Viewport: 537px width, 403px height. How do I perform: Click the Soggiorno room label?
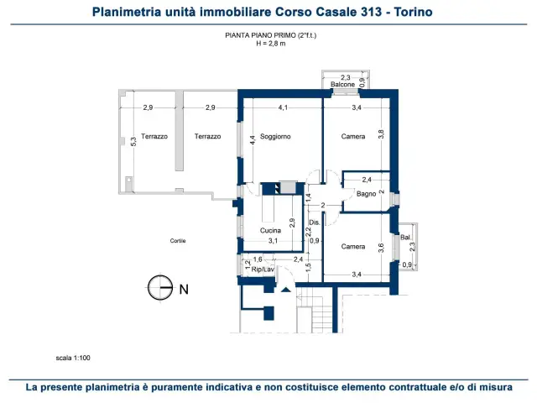coord(275,136)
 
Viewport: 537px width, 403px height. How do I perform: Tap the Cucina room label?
coord(270,230)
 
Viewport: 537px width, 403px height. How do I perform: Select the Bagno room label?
coord(366,194)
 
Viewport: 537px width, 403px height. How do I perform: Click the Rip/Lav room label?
coord(263,270)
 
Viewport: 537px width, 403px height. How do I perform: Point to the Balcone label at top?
coord(342,84)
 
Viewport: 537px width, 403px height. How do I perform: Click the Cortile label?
coord(178,241)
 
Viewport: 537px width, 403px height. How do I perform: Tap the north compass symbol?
coord(160,287)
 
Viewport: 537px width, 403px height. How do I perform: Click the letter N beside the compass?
coord(184,290)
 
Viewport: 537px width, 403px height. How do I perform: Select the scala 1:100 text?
coord(73,358)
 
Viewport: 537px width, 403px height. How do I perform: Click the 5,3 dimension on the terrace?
coord(133,142)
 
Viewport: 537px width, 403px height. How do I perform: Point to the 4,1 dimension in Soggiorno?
coord(283,107)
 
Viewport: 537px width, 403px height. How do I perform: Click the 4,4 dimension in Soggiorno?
coord(253,140)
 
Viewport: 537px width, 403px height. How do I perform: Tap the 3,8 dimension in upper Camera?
coord(381,134)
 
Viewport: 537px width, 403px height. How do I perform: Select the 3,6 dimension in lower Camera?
coord(381,248)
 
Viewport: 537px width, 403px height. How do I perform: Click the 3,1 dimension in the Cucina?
coord(273,241)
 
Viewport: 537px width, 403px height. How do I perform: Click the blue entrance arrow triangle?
coord(286,290)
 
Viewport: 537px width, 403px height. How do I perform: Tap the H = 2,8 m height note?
coord(270,44)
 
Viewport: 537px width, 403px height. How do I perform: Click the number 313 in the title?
coord(371,12)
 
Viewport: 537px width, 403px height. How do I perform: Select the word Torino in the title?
coord(413,12)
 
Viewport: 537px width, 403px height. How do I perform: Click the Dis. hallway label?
coord(315,222)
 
